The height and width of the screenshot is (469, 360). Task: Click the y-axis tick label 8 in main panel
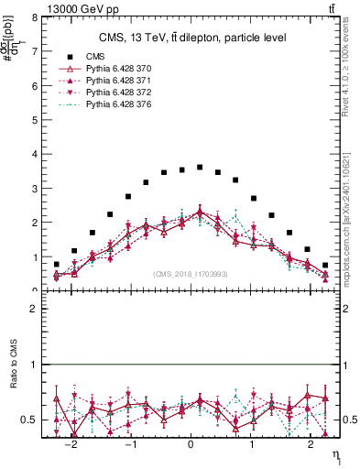[34, 17]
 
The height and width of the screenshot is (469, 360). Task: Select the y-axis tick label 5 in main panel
[34, 120]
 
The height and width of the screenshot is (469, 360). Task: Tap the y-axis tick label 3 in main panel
[34, 189]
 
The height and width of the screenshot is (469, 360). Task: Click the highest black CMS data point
[200, 167]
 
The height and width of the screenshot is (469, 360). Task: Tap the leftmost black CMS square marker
[57, 264]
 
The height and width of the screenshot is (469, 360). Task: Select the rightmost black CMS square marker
[325, 265]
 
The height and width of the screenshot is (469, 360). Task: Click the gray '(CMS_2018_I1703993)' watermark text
[191, 274]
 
